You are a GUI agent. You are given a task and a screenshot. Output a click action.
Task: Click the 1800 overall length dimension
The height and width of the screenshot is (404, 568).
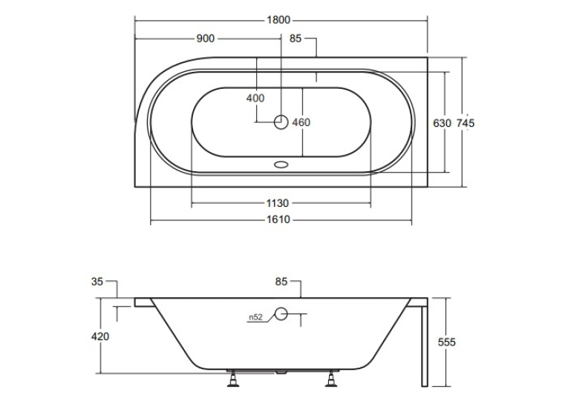278,20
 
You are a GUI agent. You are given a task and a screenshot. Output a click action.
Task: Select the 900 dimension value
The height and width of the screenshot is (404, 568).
206,39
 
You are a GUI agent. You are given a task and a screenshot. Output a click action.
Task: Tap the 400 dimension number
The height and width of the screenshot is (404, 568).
255,98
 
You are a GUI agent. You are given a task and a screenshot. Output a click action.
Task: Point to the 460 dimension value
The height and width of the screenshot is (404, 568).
301,122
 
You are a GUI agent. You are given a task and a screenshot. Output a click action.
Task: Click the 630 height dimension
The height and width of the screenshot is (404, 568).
442,123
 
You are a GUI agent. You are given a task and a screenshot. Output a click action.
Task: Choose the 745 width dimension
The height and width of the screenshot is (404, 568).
465,123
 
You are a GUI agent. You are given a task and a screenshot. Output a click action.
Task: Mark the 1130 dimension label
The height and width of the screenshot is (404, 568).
278,203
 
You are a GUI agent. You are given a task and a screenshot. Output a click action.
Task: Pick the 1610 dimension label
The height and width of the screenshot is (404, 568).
278,219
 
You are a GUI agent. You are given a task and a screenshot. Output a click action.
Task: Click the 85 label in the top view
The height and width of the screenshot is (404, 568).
296,39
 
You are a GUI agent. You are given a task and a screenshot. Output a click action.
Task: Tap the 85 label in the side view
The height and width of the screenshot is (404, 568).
281,282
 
